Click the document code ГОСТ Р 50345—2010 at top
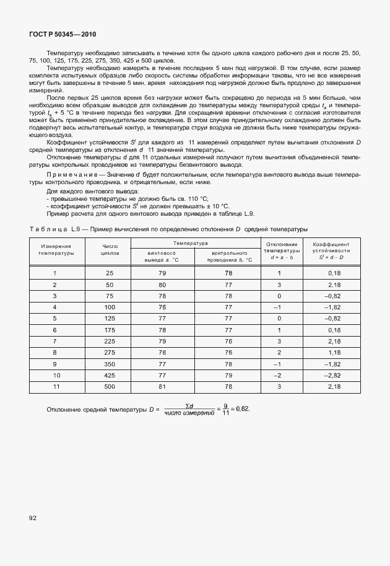(x=63, y=34)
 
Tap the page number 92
(x=33, y=516)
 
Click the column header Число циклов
(x=110, y=250)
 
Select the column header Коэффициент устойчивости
(x=334, y=250)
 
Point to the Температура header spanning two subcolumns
(x=190, y=244)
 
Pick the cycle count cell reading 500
(x=110, y=386)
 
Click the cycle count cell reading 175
(x=110, y=330)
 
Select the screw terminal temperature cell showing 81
(x=162, y=386)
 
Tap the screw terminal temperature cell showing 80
(x=162, y=285)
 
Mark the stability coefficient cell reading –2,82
(x=334, y=375)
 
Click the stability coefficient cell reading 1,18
(x=334, y=352)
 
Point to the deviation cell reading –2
(x=279, y=375)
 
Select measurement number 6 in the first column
(x=54, y=330)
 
